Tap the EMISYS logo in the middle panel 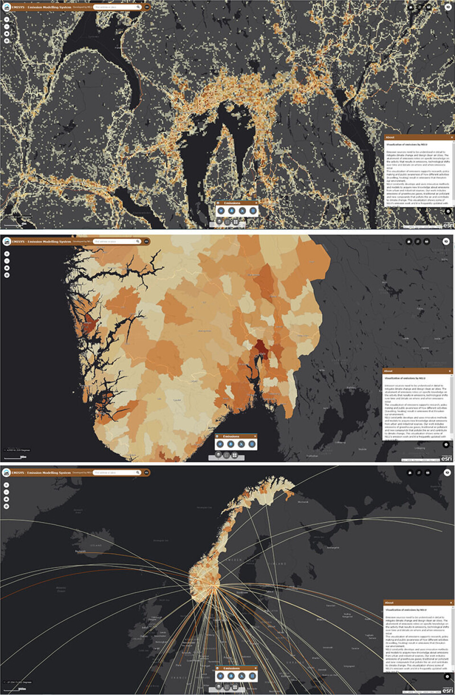click(7, 241)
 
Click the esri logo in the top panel click(447, 225)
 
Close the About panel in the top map click(451, 137)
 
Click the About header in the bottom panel click(390, 603)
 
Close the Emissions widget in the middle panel click(255, 436)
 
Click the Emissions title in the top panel click(232, 203)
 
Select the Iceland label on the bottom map click(96, 546)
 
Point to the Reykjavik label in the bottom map click(80, 552)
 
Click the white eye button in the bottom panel click(447, 473)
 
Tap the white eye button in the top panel click(448, 7)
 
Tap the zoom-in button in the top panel click(7, 20)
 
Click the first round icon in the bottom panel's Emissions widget click(220, 676)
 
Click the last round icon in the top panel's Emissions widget click(253, 210)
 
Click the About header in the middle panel click(388, 371)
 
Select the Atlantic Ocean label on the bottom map click(61, 589)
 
